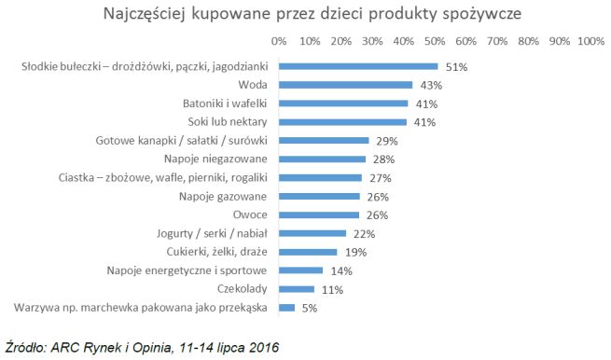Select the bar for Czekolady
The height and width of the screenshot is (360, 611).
(x=296, y=289)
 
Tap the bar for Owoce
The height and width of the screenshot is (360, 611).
(x=319, y=215)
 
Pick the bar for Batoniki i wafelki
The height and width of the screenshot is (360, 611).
(x=342, y=104)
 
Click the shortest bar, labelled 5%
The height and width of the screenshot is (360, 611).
(x=286, y=308)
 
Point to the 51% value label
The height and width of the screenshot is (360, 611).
(x=455, y=67)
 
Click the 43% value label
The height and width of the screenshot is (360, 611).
(x=430, y=85)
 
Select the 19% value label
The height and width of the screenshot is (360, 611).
(x=355, y=252)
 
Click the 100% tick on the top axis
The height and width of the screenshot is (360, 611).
(x=590, y=42)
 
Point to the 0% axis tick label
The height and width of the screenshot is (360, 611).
(x=279, y=42)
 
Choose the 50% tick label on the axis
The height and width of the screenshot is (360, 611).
(x=435, y=42)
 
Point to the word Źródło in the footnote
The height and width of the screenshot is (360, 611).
(x=26, y=346)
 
